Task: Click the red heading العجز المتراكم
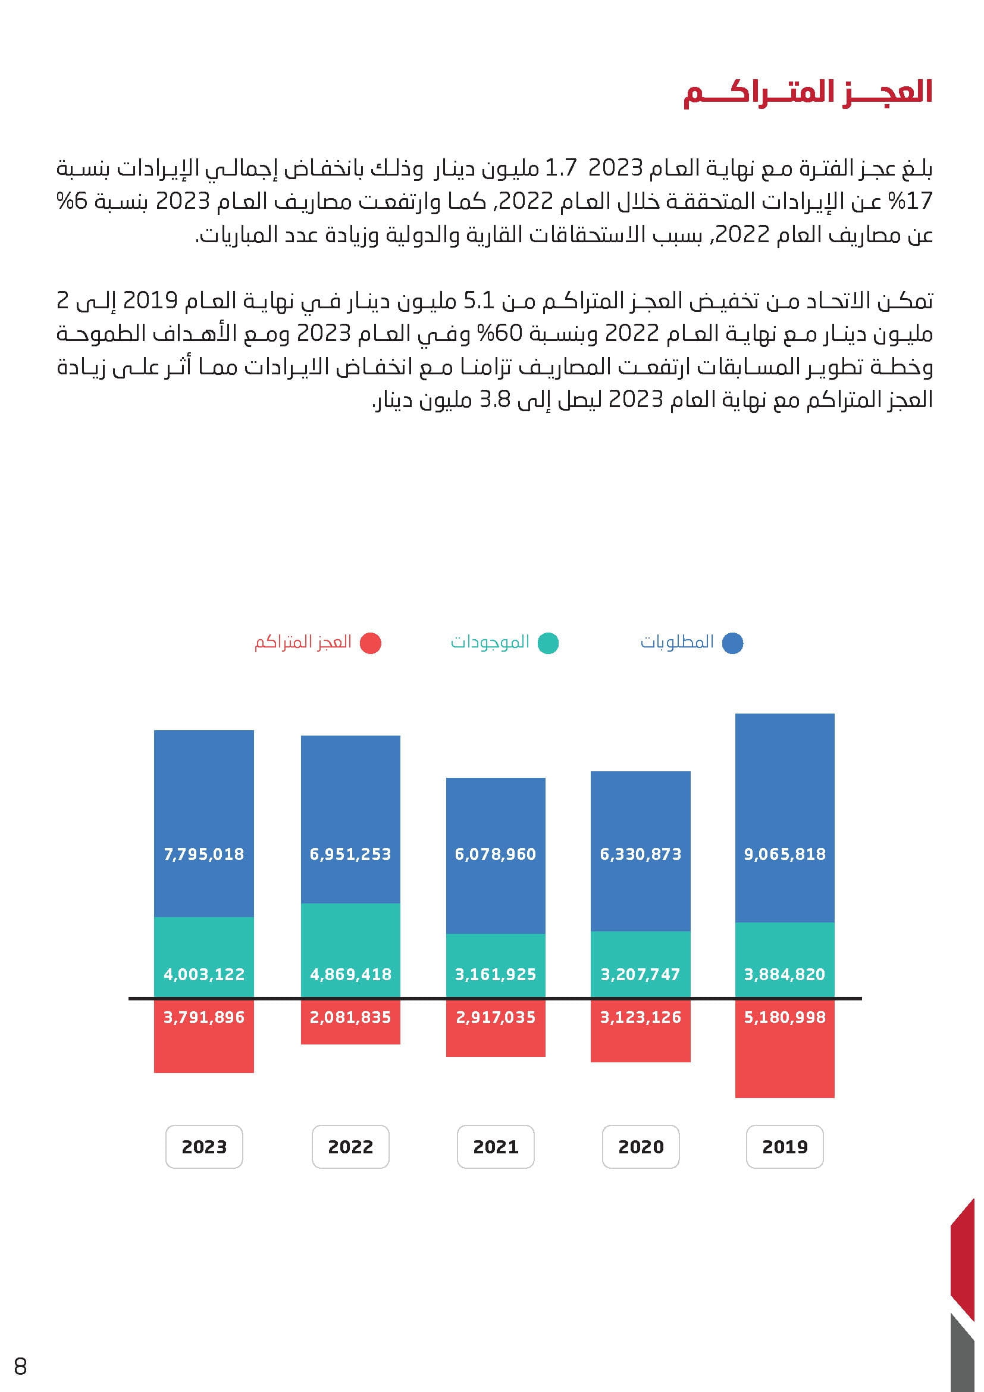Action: [x=807, y=93]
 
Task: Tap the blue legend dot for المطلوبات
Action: [x=732, y=643]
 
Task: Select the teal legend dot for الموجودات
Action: [x=549, y=643]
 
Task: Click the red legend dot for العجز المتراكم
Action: [x=370, y=643]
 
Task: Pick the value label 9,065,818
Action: [x=785, y=854]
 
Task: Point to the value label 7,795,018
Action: [x=204, y=854]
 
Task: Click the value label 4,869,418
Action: [x=350, y=974]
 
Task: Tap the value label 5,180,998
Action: [x=785, y=1017]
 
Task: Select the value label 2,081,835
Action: [x=350, y=1017]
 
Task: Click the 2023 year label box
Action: [x=204, y=1146]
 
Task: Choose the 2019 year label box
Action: [x=785, y=1146]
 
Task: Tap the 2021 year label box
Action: [x=496, y=1146]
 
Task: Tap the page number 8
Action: [x=21, y=1366]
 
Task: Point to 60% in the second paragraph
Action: [x=491, y=334]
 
